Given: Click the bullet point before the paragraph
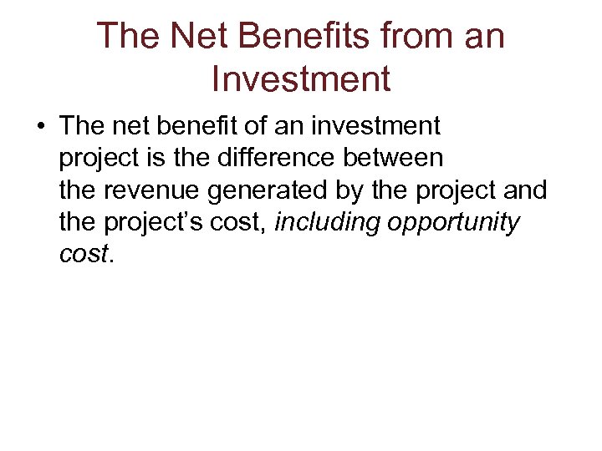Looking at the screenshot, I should click(x=40, y=128).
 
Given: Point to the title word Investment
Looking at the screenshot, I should click(x=301, y=79).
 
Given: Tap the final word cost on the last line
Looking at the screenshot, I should click(x=83, y=255).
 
